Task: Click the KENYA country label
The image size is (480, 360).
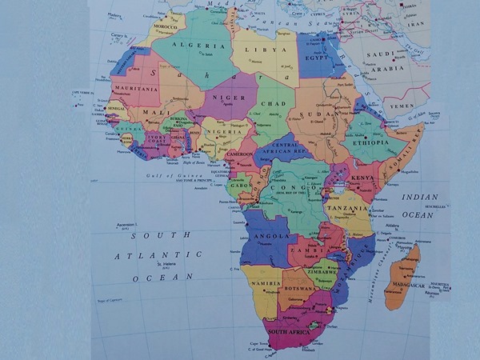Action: (x=362, y=178)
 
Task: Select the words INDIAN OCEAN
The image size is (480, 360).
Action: (x=419, y=205)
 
